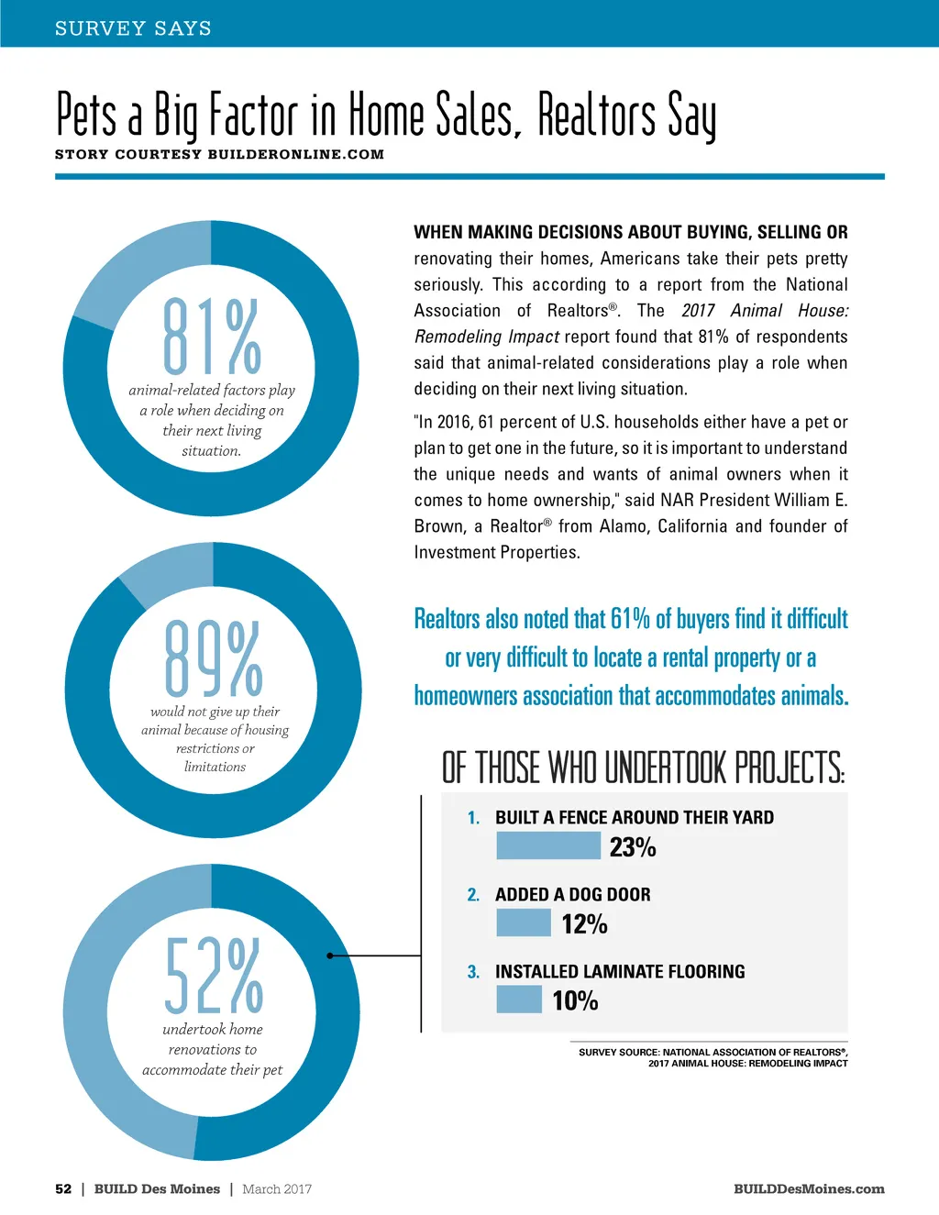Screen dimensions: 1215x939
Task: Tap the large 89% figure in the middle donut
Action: tap(214, 657)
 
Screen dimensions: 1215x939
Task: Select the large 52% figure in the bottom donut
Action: tap(214, 974)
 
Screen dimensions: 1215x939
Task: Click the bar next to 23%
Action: tap(547, 845)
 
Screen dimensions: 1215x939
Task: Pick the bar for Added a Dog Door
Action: tap(523, 922)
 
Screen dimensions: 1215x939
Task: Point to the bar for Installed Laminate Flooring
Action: tap(519, 1000)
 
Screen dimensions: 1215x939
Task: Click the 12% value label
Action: tap(585, 924)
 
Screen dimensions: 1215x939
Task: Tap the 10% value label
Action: tap(575, 1000)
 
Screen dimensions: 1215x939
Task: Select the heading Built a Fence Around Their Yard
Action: tap(634, 817)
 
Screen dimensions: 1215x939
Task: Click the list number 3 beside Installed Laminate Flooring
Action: tap(473, 972)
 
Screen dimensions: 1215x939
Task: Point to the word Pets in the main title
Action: tap(87, 116)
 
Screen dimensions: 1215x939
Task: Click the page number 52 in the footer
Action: tap(63, 1189)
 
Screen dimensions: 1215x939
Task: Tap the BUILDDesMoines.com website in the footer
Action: tap(809, 1189)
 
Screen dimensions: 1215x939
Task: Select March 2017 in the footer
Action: tap(277, 1189)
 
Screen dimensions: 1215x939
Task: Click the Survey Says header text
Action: tap(133, 28)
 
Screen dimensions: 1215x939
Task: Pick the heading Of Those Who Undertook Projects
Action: tap(643, 768)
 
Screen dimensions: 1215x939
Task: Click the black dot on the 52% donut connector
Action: tap(330, 955)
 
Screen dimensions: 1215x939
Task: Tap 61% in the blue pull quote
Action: tap(630, 619)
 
